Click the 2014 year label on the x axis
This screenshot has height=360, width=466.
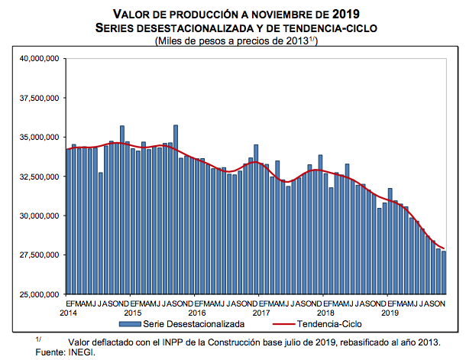[68, 313]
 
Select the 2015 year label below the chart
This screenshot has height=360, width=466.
[133, 313]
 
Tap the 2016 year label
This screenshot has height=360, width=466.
[197, 313]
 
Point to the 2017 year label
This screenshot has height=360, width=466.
[262, 313]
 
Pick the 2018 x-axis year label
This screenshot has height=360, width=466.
[326, 313]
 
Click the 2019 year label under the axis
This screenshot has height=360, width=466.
[391, 313]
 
